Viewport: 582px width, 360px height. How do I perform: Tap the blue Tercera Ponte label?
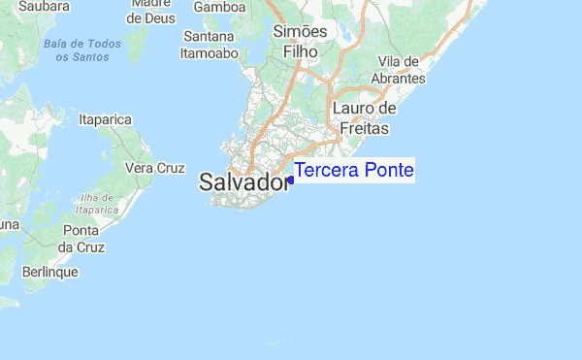click(x=354, y=171)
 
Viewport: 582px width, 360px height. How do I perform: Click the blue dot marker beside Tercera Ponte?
click(x=291, y=180)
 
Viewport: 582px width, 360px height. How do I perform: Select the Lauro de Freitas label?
click(x=360, y=117)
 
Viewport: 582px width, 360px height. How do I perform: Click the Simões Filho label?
click(x=301, y=41)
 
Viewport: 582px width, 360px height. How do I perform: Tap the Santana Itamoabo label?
click(x=210, y=46)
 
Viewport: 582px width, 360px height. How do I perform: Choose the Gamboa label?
click(x=220, y=7)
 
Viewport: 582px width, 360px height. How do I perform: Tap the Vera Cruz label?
click(x=155, y=168)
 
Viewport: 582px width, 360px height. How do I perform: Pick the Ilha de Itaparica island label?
click(x=97, y=203)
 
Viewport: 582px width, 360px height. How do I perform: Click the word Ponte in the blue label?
click(x=388, y=171)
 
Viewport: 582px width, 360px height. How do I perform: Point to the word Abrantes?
click(x=398, y=78)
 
